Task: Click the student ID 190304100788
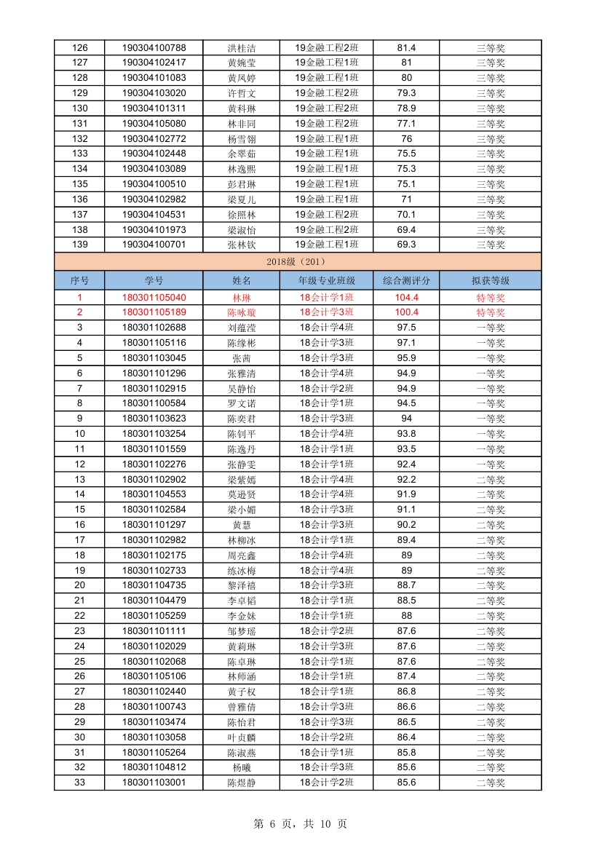(154, 47)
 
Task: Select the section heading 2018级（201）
(298, 261)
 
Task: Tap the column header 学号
(154, 280)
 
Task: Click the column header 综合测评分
(406, 280)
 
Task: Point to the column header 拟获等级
(490, 280)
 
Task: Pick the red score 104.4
(406, 297)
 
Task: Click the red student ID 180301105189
(154, 312)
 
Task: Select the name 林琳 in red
(242, 298)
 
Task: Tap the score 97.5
(406, 328)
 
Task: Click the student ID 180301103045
(154, 358)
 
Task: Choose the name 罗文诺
(242, 403)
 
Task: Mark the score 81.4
(406, 47)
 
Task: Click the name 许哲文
(242, 93)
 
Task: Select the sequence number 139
(80, 245)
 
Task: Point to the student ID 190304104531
(154, 214)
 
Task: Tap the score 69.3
(406, 245)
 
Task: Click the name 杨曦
(242, 767)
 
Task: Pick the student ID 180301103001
(154, 783)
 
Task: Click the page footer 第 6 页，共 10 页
(300, 824)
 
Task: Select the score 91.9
(406, 494)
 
